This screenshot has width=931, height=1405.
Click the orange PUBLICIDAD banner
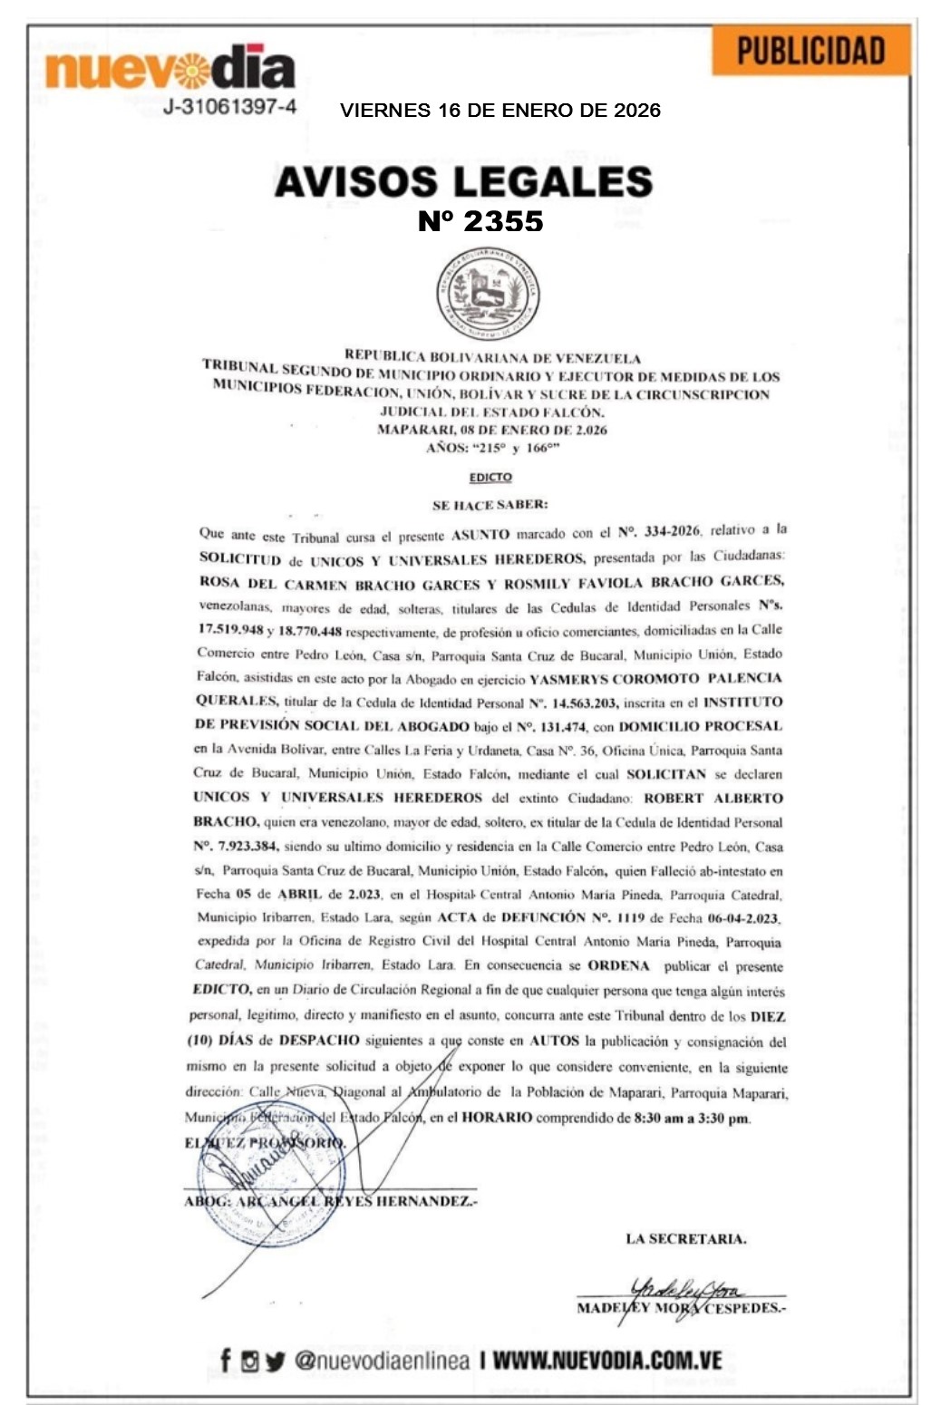(x=810, y=51)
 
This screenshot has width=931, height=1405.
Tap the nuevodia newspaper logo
(x=170, y=67)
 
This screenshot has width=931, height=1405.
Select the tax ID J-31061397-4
(x=229, y=107)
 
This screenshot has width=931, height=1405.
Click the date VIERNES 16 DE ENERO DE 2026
(x=500, y=111)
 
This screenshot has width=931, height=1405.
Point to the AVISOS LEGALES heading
(x=463, y=181)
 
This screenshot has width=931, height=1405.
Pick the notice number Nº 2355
(x=480, y=221)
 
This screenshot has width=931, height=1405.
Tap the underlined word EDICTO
(x=490, y=477)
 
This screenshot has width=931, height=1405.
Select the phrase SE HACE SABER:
(x=490, y=504)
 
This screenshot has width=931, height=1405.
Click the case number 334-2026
(x=672, y=530)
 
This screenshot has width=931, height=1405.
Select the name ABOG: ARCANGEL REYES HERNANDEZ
(x=330, y=1201)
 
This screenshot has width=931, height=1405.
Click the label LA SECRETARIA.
(x=685, y=1239)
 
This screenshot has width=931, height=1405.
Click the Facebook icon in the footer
(x=225, y=1360)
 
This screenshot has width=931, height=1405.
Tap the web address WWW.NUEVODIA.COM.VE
(x=607, y=1360)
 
